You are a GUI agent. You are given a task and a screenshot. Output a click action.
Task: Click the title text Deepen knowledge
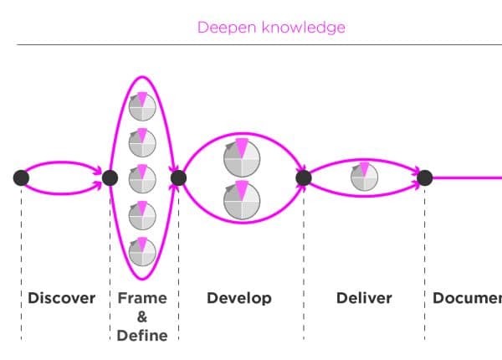click(271, 28)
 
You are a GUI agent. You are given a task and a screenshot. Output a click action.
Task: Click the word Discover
click(62, 298)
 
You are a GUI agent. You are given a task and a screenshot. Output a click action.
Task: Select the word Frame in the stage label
click(142, 298)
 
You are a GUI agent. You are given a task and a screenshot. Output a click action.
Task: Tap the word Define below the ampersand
click(142, 336)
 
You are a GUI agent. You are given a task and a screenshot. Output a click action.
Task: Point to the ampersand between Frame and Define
click(142, 317)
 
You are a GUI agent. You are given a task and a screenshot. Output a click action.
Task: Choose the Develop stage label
click(239, 298)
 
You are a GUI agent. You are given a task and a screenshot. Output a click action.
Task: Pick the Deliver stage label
click(364, 298)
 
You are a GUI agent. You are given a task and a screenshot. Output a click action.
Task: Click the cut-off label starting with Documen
click(467, 298)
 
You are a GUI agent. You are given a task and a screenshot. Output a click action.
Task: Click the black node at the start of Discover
click(21, 177)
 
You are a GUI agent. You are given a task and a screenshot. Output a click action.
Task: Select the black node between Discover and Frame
click(110, 177)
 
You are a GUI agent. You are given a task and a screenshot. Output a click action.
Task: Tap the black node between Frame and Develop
click(177, 177)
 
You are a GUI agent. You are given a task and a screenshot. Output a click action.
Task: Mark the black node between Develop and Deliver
click(304, 177)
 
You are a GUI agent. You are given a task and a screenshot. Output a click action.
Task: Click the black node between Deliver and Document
click(425, 177)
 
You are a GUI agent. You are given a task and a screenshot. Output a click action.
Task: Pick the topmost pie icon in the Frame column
click(142, 104)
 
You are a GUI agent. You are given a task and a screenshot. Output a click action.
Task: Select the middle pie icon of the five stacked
click(142, 177)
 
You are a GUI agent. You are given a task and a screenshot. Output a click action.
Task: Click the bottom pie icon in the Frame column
click(142, 251)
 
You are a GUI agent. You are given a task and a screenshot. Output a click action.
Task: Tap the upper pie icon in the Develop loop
click(242, 156)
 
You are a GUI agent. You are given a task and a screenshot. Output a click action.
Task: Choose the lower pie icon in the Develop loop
click(242, 198)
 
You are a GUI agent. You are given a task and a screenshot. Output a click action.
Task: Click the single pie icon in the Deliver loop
click(364, 177)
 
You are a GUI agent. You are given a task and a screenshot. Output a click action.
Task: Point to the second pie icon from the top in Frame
click(142, 141)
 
